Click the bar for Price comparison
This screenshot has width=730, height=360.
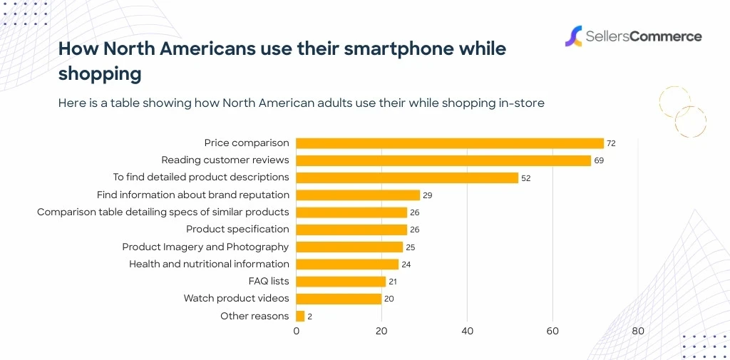[x=449, y=143]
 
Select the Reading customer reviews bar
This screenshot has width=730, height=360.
[x=443, y=160]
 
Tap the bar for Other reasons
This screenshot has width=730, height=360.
[x=300, y=316]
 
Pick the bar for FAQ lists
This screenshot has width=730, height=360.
[x=341, y=282]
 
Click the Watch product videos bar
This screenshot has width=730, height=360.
[x=339, y=299]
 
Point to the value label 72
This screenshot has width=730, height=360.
[x=611, y=143]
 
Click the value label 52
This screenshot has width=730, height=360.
[x=526, y=178]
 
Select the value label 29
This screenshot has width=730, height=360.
[x=428, y=195]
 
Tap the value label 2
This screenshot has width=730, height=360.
[x=311, y=317]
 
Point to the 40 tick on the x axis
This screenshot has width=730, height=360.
[x=467, y=331]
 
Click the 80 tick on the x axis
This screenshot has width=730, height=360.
[x=638, y=331]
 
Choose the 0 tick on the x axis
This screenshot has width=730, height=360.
[x=297, y=331]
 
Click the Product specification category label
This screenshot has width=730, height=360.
[x=237, y=229]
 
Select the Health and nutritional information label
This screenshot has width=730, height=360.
[x=209, y=264]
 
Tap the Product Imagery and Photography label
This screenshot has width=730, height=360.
[x=205, y=247]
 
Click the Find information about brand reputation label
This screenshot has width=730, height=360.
[x=193, y=195]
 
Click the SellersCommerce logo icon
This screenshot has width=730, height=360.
[x=573, y=36]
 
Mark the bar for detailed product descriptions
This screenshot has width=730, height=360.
[x=406, y=178]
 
